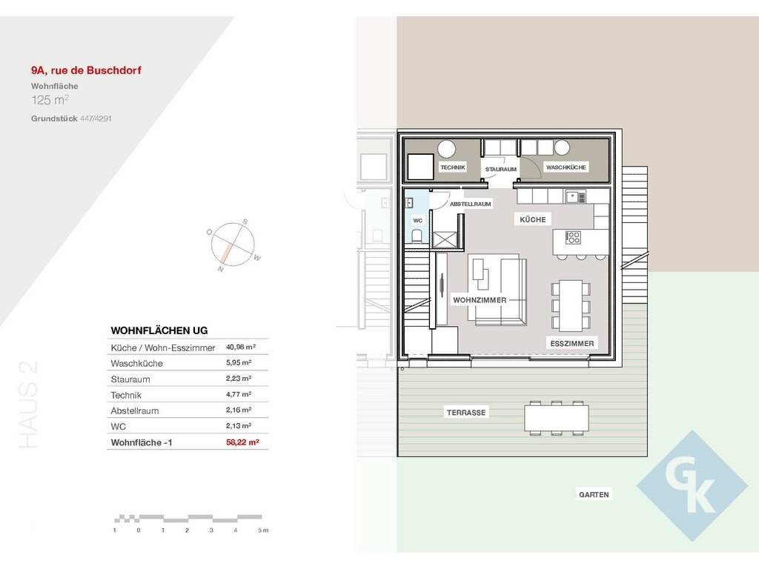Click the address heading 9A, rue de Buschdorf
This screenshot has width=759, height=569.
tap(86, 70)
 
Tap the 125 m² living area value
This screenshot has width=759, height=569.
tap(50, 100)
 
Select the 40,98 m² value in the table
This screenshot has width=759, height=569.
tap(241, 347)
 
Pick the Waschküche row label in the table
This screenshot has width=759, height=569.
tap(136, 363)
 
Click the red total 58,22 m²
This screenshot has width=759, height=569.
tap(242, 442)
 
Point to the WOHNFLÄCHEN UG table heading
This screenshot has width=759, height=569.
tap(159, 330)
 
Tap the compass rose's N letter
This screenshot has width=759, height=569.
tap(221, 269)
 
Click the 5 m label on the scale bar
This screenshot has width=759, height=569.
tap(263, 530)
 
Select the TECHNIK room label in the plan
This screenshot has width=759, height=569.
tap(453, 167)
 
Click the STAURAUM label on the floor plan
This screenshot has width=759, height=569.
tap(500, 170)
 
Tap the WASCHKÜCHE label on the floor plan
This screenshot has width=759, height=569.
tap(566, 167)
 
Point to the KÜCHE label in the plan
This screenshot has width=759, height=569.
tap(532, 219)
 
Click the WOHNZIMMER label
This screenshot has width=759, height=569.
tap(480, 300)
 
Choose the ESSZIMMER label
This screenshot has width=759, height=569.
tap(571, 344)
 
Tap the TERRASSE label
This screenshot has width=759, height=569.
tap(465, 413)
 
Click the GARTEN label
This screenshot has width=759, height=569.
tap(594, 494)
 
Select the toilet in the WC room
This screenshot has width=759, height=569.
tap(417, 236)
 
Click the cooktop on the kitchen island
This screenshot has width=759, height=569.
tap(573, 238)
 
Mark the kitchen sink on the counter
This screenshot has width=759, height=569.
tap(575, 197)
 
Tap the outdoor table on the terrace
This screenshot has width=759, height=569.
tap(557, 418)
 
